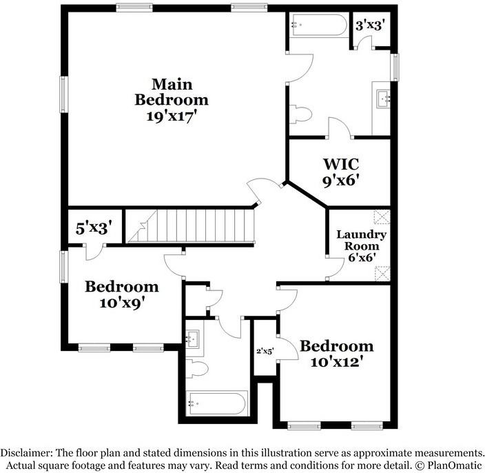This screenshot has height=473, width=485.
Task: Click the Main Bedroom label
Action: coord(171,92)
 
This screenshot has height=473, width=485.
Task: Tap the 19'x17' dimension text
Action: coord(171,116)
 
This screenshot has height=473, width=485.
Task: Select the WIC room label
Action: coord(341,165)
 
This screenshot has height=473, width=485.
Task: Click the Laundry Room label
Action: coord(361,240)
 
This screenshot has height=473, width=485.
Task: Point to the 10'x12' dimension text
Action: coord(336,361)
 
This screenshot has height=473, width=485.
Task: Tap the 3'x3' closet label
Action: coord(369,25)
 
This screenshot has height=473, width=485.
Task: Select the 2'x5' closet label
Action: coord(265,351)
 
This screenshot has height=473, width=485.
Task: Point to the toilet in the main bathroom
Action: coord(299,113)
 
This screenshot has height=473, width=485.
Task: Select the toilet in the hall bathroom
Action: coord(197,368)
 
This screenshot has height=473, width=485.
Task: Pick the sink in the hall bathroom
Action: coord(194,338)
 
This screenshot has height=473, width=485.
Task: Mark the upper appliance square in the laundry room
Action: coord(380,217)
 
